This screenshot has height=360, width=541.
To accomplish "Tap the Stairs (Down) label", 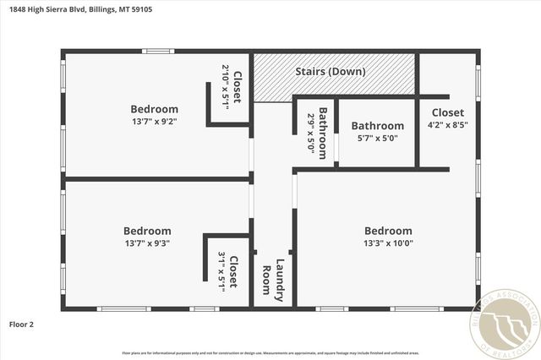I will pyautogui.click(x=329, y=71).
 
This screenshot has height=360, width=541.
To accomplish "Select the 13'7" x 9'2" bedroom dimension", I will pyautogui.click(x=154, y=122).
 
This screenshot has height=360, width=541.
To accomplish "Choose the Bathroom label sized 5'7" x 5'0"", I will pyautogui.click(x=377, y=126).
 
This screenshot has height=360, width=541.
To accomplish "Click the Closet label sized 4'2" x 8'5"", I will pyautogui.click(x=447, y=112).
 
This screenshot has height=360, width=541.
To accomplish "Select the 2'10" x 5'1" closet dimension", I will pyautogui.click(x=226, y=85).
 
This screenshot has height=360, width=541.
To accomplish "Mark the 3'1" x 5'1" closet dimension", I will pyautogui.click(x=222, y=271).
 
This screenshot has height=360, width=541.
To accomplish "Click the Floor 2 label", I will pyautogui.click(x=21, y=324).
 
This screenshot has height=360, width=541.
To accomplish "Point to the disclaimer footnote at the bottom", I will pyautogui.click(x=270, y=352).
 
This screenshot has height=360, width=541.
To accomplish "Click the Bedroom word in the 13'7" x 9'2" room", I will pyautogui.click(x=154, y=109).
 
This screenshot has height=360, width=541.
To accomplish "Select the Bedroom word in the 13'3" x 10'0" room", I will pyautogui.click(x=388, y=231).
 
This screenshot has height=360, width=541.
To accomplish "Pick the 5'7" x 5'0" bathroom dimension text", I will pyautogui.click(x=377, y=139).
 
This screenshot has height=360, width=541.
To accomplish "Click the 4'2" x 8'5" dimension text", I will pyautogui.click(x=447, y=125).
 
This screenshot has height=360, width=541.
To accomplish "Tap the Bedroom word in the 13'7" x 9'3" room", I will pyautogui.click(x=147, y=231).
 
